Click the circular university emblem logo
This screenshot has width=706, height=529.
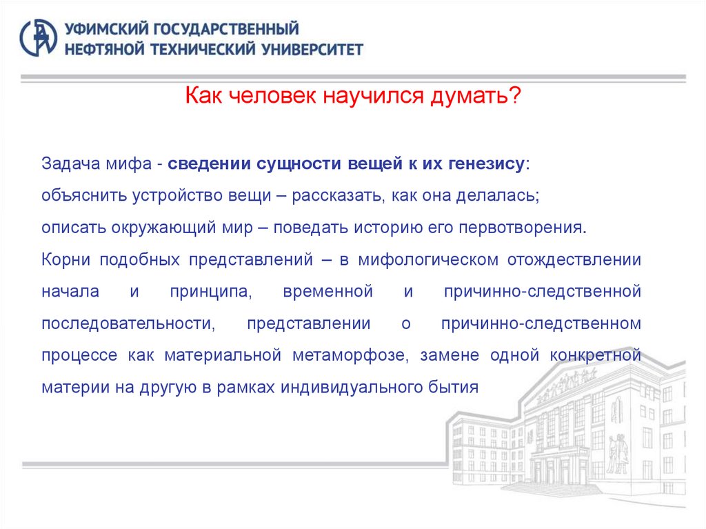point(38,38)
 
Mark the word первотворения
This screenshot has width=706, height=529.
point(533,227)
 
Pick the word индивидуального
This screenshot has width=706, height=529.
point(359,387)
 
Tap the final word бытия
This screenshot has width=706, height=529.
point(454,387)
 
